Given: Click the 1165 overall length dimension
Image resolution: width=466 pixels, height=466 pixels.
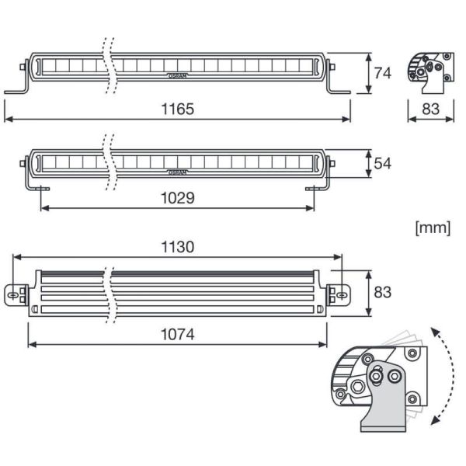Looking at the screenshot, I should [x=178, y=110].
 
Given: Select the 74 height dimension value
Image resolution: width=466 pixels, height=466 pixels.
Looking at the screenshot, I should [x=382, y=73].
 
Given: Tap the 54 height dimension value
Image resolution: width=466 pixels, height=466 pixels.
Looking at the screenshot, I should [x=382, y=163].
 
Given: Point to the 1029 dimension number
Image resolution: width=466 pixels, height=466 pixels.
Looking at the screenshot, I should [x=178, y=198].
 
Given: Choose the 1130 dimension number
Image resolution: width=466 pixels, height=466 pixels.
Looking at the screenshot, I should [x=178, y=247].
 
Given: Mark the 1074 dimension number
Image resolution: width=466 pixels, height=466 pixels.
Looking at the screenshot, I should [x=178, y=336].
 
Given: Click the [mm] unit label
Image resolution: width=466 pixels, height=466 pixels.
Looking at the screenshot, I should [x=433, y=228].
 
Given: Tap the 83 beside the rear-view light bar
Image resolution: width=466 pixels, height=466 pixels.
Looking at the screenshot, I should [x=382, y=292].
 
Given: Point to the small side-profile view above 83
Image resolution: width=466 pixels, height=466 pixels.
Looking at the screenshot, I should [x=429, y=72].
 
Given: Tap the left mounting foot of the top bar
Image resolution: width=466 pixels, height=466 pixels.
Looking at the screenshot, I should [x=19, y=89].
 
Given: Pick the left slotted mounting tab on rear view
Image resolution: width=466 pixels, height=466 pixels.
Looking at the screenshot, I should [x=16, y=295].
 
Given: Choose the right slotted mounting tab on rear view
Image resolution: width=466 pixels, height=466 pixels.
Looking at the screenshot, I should [x=339, y=295].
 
